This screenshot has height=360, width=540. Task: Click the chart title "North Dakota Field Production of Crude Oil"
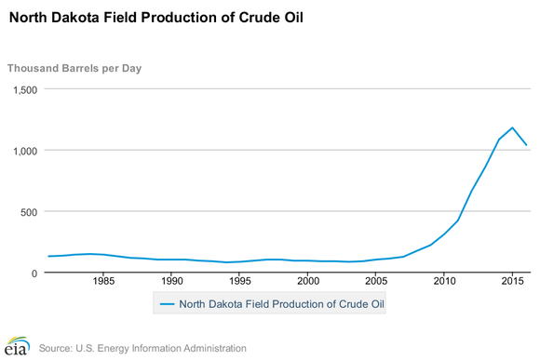[x=155, y=18]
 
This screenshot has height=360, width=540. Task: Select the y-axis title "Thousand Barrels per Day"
[x=74, y=68]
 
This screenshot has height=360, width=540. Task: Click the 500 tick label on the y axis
[x=28, y=212]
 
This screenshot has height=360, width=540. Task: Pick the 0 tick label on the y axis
[x=34, y=273]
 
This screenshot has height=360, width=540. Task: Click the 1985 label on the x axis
[x=103, y=282]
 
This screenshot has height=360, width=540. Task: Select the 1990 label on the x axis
[x=171, y=282]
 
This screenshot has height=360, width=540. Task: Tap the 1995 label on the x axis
[x=239, y=282]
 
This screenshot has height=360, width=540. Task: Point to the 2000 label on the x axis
[x=307, y=282]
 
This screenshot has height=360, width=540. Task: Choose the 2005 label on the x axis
[x=376, y=282]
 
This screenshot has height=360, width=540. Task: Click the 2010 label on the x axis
[x=444, y=282]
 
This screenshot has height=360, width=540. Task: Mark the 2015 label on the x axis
[x=512, y=282]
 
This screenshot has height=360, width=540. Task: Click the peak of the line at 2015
[x=512, y=127]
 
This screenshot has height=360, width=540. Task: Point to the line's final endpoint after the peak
[x=526, y=145]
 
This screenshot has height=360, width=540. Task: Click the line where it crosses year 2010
[x=444, y=234]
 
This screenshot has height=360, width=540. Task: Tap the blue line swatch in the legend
[x=167, y=303]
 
